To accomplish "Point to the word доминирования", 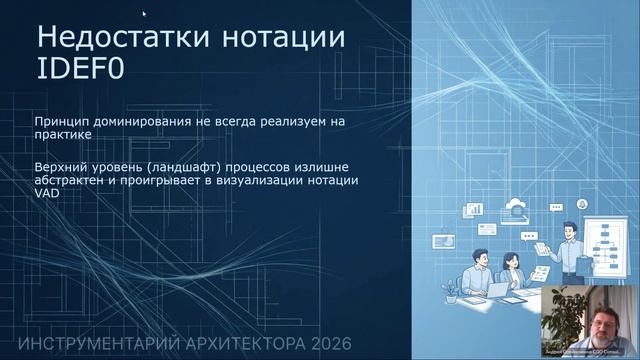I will pos(145,121).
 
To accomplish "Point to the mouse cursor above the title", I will pos(145,14).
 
